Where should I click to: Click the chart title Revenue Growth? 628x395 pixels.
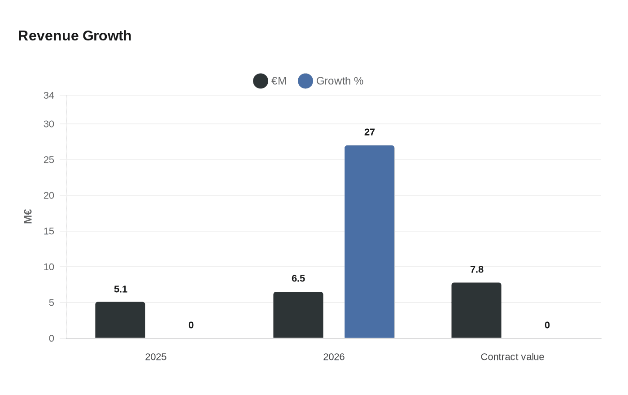pyautogui.click(x=74, y=35)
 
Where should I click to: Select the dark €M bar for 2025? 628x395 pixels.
pyautogui.click(x=120, y=320)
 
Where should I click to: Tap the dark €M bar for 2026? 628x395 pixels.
pyautogui.click(x=298, y=315)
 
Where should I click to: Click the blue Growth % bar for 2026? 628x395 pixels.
pyautogui.click(x=370, y=242)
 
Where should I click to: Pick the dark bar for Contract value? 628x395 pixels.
pyautogui.click(x=476, y=311)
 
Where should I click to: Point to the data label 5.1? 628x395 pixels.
pyautogui.click(x=121, y=290)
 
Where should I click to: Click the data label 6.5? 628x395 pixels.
pyautogui.click(x=298, y=279)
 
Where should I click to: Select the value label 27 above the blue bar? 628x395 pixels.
pyautogui.click(x=370, y=132)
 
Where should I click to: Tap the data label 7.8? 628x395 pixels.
pyautogui.click(x=477, y=270)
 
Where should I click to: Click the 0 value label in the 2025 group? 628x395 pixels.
pyautogui.click(x=191, y=325)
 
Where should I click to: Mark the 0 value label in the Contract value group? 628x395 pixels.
pyautogui.click(x=547, y=325)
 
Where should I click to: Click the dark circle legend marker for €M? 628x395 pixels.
pyautogui.click(x=261, y=81)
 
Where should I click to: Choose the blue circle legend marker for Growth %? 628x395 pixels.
pyautogui.click(x=305, y=81)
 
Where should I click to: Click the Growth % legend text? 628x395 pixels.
pyautogui.click(x=340, y=81)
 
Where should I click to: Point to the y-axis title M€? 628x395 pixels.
pyautogui.click(x=28, y=216)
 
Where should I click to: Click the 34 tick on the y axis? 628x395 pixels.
pyautogui.click(x=49, y=96)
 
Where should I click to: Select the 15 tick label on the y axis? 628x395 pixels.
pyautogui.click(x=49, y=231)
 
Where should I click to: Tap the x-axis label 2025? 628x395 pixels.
pyautogui.click(x=156, y=357)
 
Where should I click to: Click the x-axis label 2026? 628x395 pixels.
pyautogui.click(x=334, y=357)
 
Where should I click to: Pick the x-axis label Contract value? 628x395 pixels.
pyautogui.click(x=512, y=357)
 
